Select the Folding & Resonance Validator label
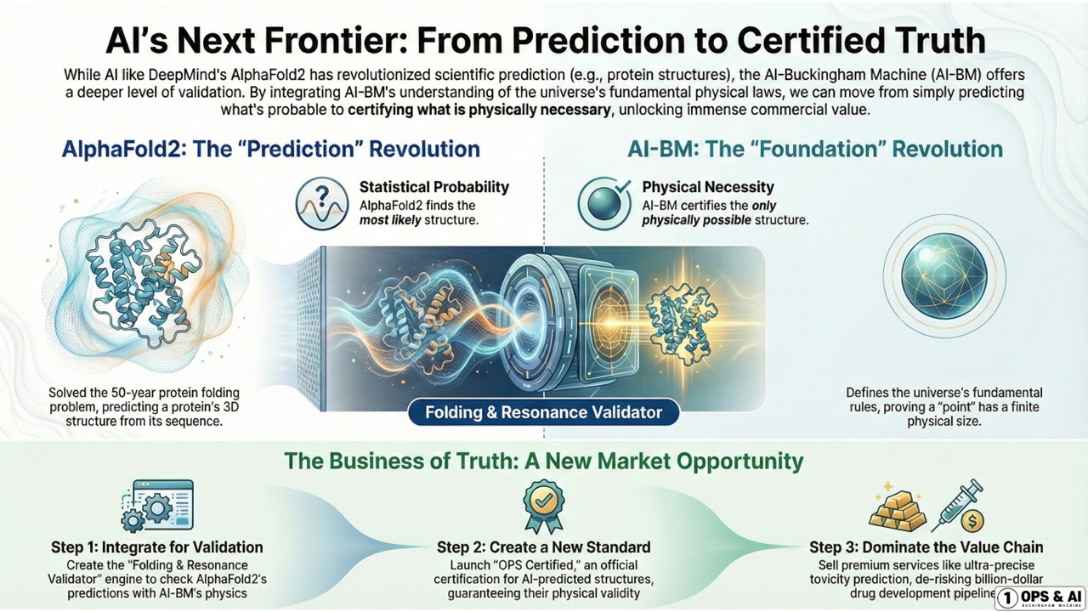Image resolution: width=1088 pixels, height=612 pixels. [x=544, y=414]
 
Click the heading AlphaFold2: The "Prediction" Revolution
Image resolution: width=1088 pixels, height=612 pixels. [x=271, y=150]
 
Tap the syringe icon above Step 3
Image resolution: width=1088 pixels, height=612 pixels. [x=959, y=507]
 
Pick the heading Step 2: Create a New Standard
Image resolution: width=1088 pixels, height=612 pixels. [x=543, y=547]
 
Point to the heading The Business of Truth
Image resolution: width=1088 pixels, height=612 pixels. [x=543, y=462]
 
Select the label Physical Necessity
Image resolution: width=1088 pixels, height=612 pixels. [x=696, y=187]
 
